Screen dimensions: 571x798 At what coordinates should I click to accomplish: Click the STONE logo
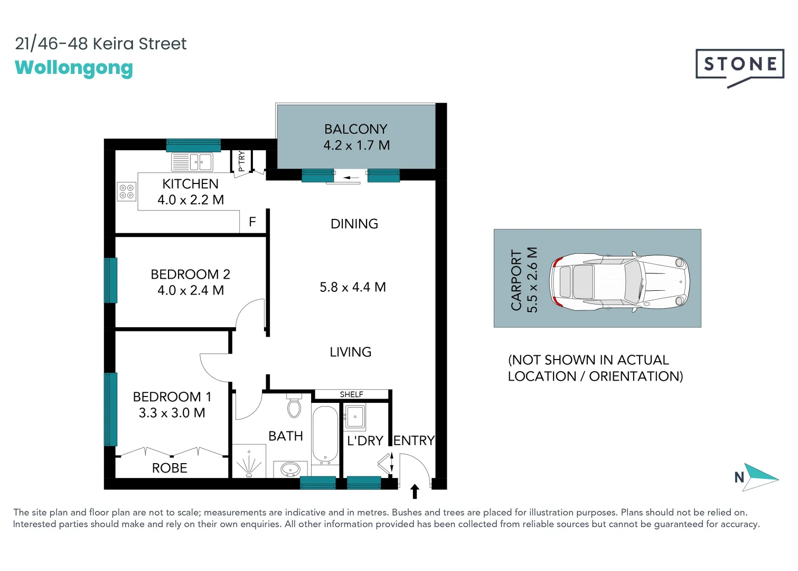pos(739,65)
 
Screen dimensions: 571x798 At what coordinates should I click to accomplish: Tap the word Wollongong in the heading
pos(74,68)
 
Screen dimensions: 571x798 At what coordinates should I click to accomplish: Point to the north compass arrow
pos(761,477)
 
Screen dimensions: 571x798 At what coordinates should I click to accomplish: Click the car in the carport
pos(619,281)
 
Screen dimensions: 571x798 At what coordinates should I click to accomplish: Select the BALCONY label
pos(355,129)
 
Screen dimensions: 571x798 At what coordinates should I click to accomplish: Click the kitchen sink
pos(192,162)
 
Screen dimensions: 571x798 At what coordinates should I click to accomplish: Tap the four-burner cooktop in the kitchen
pos(126,191)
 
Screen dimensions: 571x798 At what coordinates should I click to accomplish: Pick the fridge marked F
pos(252,222)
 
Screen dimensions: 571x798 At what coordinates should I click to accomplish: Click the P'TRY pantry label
pos(241,161)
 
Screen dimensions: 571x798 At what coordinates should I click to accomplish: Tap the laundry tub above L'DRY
pos(355,417)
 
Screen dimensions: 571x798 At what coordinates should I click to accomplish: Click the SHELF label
pos(351,394)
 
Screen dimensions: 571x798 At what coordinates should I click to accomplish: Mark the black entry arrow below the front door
pos(415,491)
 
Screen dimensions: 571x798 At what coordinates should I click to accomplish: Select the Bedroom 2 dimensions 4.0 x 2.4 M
pos(190,290)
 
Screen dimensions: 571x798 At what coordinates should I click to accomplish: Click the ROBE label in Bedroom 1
pos(170,468)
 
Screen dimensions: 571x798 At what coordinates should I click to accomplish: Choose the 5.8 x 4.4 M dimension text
pos(352,287)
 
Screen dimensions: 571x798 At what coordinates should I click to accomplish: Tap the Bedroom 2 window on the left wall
pos(110,280)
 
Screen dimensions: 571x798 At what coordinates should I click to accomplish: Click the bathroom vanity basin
pos(290,469)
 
